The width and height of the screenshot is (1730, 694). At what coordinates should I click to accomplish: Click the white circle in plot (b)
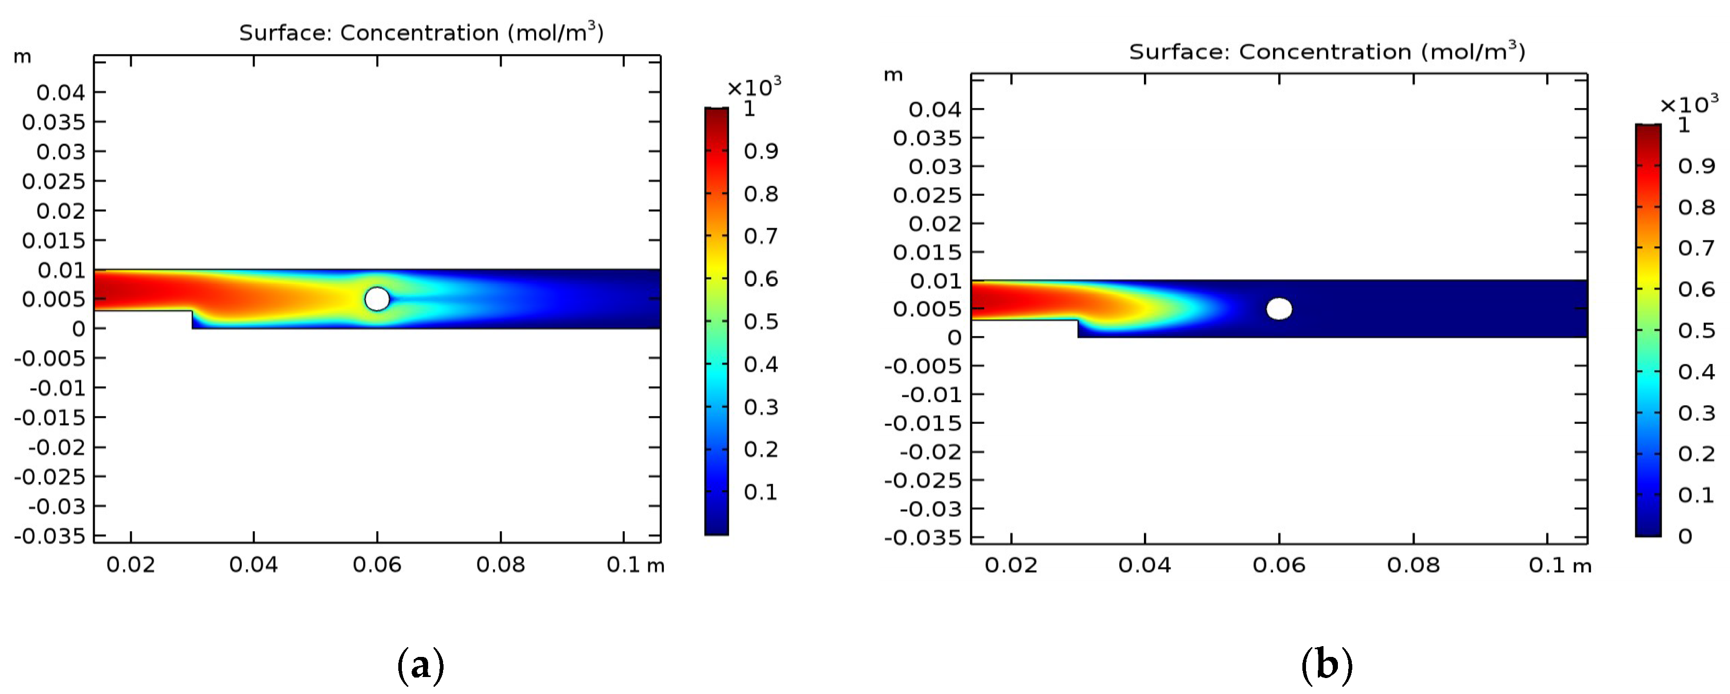pyautogui.click(x=1279, y=309)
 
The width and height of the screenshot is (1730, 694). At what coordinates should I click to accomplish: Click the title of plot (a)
pyautogui.click(x=421, y=32)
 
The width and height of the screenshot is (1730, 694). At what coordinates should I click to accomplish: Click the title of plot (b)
pyautogui.click(x=1327, y=51)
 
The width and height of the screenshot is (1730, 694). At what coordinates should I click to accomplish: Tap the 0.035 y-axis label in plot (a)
pyautogui.click(x=54, y=122)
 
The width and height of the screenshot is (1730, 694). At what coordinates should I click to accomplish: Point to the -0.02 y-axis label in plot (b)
pyautogui.click(x=930, y=452)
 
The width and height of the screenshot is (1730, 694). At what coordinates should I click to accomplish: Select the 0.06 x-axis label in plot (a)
pyautogui.click(x=377, y=564)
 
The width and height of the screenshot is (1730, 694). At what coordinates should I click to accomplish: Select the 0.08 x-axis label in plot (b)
pyautogui.click(x=1413, y=565)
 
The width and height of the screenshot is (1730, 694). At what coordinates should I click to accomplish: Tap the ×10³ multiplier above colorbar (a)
pyautogui.click(x=753, y=86)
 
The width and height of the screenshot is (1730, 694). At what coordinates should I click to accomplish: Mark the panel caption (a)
pyautogui.click(x=420, y=665)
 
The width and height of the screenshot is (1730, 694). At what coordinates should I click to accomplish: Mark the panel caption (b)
pyautogui.click(x=1327, y=665)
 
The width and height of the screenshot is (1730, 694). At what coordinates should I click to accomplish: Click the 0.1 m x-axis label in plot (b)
pyautogui.click(x=1559, y=565)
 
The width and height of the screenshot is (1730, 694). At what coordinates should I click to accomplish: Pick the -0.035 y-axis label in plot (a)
pyautogui.click(x=50, y=536)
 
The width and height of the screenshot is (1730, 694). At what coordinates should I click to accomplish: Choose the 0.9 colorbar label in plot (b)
pyautogui.click(x=1696, y=166)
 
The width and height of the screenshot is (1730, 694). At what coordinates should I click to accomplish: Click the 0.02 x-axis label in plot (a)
pyautogui.click(x=130, y=564)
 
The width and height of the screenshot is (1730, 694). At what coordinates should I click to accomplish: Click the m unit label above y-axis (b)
pyautogui.click(x=893, y=75)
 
